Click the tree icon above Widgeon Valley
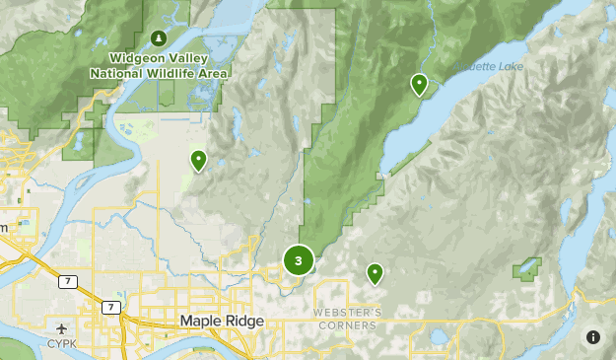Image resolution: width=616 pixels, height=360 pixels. pyautogui.click(x=159, y=38)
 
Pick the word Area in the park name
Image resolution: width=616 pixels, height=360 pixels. pyautogui.click(x=214, y=73)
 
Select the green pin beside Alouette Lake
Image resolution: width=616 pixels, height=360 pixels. pyautogui.click(x=420, y=85)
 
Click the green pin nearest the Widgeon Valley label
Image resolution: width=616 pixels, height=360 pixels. pyautogui.click(x=198, y=160)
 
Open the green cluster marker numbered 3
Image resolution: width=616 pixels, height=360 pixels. pyautogui.click(x=298, y=260)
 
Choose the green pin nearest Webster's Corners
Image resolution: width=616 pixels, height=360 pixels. pyautogui.click(x=375, y=272)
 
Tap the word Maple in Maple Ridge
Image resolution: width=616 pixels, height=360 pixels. pyautogui.click(x=201, y=322)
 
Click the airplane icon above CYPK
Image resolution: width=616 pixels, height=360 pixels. pyautogui.click(x=63, y=328)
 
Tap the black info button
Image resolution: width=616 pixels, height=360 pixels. pyautogui.click(x=592, y=337)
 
